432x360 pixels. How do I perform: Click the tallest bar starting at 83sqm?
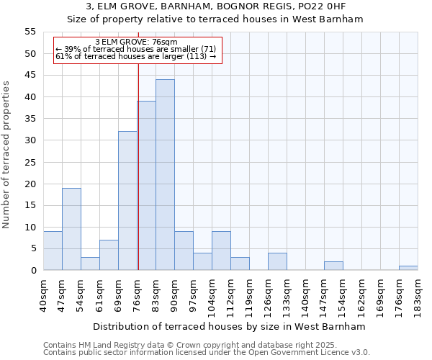pyautogui.click(x=165, y=175)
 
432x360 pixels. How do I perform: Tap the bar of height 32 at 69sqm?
pyautogui.click(x=127, y=201)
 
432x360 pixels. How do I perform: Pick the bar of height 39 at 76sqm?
pyautogui.click(x=147, y=186)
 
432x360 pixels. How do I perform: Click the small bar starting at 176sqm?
pyautogui.click(x=408, y=268)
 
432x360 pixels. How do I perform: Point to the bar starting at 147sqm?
pyautogui.click(x=333, y=266)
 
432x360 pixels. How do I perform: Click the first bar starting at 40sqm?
pyautogui.click(x=53, y=251)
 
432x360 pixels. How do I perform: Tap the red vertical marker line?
pyautogui.click(x=138, y=166)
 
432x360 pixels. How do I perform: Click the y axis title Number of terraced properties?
pyautogui.click(x=6, y=155)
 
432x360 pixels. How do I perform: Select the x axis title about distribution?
pyautogui.click(x=230, y=326)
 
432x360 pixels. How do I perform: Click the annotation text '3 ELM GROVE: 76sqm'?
pyautogui.click(x=136, y=42)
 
